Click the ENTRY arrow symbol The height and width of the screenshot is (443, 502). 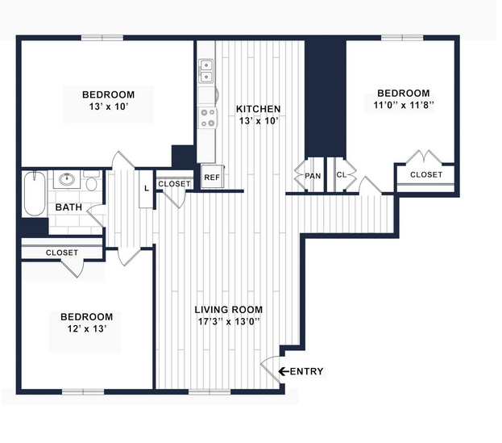click(284, 371)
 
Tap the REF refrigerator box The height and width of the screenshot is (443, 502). click(212, 177)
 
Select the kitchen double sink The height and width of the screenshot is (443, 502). click(205, 71)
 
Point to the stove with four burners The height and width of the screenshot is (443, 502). click(207, 118)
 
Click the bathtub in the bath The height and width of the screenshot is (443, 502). click(35, 194)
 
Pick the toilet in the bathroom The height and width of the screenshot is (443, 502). click(92, 181)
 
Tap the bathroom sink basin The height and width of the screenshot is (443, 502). click(67, 179)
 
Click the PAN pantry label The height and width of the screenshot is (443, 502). click(313, 176)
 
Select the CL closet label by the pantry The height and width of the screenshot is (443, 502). click(342, 175)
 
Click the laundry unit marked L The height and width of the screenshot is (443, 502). click(147, 189)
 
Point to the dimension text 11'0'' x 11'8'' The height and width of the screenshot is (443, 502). click(404, 105)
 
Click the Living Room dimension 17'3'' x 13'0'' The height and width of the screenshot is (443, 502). click(229, 321)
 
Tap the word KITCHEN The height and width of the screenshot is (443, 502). click(258, 109)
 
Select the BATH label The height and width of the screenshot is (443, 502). click(68, 207)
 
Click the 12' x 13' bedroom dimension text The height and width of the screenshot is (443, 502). click(86, 329)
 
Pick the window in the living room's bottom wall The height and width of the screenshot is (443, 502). click(210, 391)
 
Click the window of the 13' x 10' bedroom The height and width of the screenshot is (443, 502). click(102, 38)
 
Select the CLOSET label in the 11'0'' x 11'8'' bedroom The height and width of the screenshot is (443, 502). click(426, 175)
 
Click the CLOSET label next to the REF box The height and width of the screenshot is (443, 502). click(174, 184)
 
